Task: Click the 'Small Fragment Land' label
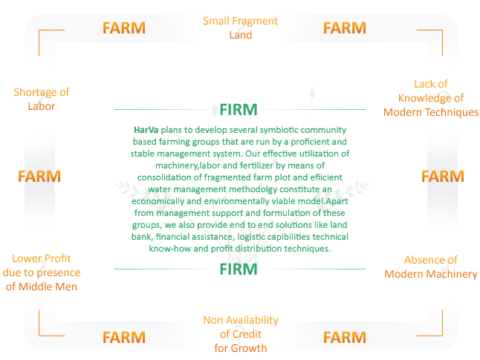(x=240, y=27)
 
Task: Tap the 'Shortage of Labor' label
(x=42, y=99)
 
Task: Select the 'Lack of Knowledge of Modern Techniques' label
(x=431, y=98)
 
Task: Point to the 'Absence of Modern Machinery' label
(x=431, y=266)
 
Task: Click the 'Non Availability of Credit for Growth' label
(x=241, y=334)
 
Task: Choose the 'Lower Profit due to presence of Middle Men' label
(x=42, y=272)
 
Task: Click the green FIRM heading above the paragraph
(x=239, y=110)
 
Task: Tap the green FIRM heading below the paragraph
(x=239, y=269)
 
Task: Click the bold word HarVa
(x=146, y=130)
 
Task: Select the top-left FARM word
(x=124, y=28)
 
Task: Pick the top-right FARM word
(x=345, y=28)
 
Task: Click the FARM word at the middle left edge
(x=39, y=177)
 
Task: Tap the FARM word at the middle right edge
(x=443, y=177)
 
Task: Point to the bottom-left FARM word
(x=124, y=338)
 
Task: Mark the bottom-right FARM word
(x=345, y=338)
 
